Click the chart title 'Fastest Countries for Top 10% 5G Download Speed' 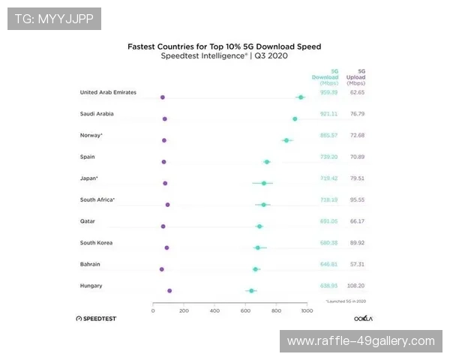point(224,46)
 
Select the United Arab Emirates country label point(108,92)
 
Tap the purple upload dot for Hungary point(169,290)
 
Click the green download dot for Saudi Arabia point(295,118)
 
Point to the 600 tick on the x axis point(245,310)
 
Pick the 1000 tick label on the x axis point(306,310)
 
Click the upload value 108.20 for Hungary point(356,286)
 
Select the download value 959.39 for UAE point(329,92)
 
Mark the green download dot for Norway point(286,140)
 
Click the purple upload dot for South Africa point(167,205)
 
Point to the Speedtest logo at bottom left point(96,319)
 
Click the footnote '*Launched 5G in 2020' point(345,301)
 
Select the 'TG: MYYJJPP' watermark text point(54,19)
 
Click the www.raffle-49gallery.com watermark point(361,341)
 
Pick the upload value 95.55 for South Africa point(356,199)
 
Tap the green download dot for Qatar point(259,226)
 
